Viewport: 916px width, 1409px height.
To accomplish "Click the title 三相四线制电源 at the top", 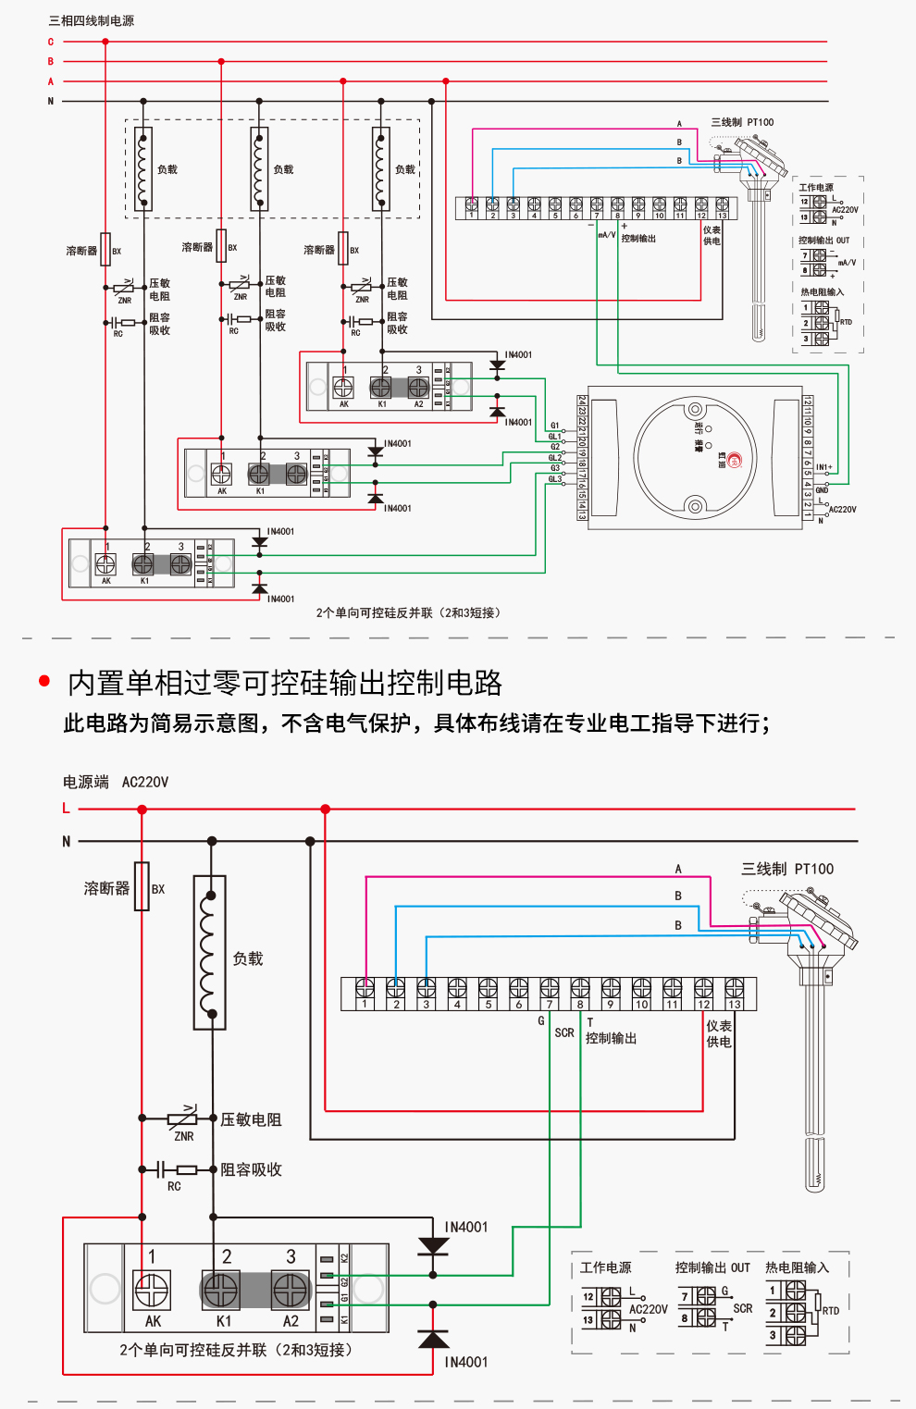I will (x=91, y=20).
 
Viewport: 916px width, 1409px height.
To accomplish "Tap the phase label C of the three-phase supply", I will (x=51, y=42).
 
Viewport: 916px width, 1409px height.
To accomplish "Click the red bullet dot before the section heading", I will (x=43, y=681).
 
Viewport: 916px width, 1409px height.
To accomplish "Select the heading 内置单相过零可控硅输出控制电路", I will (x=285, y=683).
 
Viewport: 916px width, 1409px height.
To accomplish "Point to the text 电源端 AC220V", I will (x=116, y=782).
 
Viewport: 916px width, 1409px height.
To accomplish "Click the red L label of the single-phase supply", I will (x=66, y=809).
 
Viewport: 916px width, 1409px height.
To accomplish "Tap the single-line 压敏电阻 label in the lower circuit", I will (x=251, y=1119).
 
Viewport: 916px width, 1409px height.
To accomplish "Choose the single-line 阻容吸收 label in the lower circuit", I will (x=251, y=1169).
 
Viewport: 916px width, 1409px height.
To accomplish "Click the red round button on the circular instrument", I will (x=735, y=460).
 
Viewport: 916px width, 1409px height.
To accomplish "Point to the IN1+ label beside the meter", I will (x=823, y=467).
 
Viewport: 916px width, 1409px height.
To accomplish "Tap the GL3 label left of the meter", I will (x=554, y=479).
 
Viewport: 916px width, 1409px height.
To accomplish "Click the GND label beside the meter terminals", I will (x=822, y=489).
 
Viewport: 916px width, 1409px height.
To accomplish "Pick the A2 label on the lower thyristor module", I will (x=291, y=1321).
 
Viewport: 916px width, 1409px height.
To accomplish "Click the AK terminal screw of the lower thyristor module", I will (x=153, y=1290).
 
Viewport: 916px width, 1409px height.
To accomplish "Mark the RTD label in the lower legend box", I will (x=831, y=1310).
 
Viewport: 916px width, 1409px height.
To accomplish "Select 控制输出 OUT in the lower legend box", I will (x=712, y=1267).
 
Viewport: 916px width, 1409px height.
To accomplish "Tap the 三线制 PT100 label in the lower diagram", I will (x=787, y=869).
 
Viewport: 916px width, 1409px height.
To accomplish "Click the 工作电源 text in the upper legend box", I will (x=816, y=188).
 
